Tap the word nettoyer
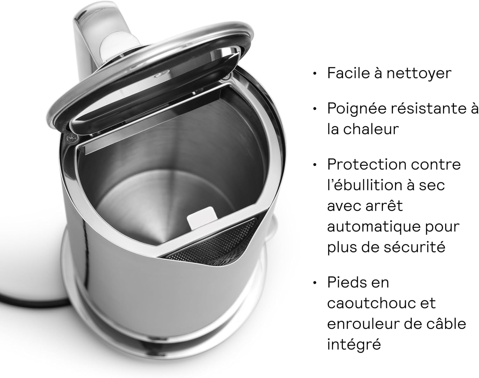tap(419, 73)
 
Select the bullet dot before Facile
tap(315, 74)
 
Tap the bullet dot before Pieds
tap(315, 283)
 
